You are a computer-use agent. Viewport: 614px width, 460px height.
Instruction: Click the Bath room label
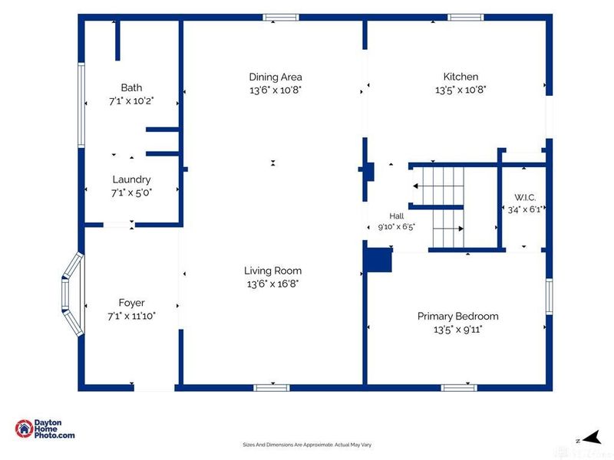pyautogui.click(x=131, y=87)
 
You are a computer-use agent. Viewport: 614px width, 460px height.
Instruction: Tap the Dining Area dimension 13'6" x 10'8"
pyautogui.click(x=276, y=90)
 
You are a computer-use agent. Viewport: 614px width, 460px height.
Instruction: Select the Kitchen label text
pyautogui.click(x=460, y=76)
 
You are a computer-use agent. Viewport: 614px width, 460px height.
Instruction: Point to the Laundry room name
pyautogui.click(x=131, y=179)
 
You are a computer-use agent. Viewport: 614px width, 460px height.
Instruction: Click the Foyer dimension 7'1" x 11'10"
pyautogui.click(x=131, y=316)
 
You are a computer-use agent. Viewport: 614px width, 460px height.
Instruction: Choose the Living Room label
pyautogui.click(x=272, y=271)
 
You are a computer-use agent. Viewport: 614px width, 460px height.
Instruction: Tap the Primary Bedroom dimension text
pyautogui.click(x=457, y=330)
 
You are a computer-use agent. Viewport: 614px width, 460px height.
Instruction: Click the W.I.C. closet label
pyautogui.click(x=525, y=198)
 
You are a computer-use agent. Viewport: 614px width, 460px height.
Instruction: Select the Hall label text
pyautogui.click(x=397, y=216)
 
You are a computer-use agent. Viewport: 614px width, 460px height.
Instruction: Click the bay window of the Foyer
pyautogui.click(x=73, y=294)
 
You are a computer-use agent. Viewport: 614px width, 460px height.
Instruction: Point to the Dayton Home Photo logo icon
pyautogui.click(x=24, y=429)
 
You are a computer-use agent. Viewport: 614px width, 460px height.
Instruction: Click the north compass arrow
pyautogui.click(x=593, y=437)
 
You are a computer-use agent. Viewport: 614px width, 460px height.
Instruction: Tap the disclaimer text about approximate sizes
pyautogui.click(x=307, y=445)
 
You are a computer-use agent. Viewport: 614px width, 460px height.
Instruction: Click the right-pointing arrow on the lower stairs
pyautogui.click(x=448, y=228)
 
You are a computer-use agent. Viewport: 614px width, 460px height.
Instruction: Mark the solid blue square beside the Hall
pyautogui.click(x=378, y=260)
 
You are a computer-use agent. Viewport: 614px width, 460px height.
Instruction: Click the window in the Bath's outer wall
pyautogui.click(x=81, y=106)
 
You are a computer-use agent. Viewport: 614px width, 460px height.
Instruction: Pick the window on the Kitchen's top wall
pyautogui.click(x=466, y=17)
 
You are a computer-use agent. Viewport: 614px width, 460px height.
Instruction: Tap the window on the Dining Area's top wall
pyautogui.click(x=281, y=17)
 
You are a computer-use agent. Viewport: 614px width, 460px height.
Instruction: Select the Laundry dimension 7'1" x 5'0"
pyautogui.click(x=131, y=192)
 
